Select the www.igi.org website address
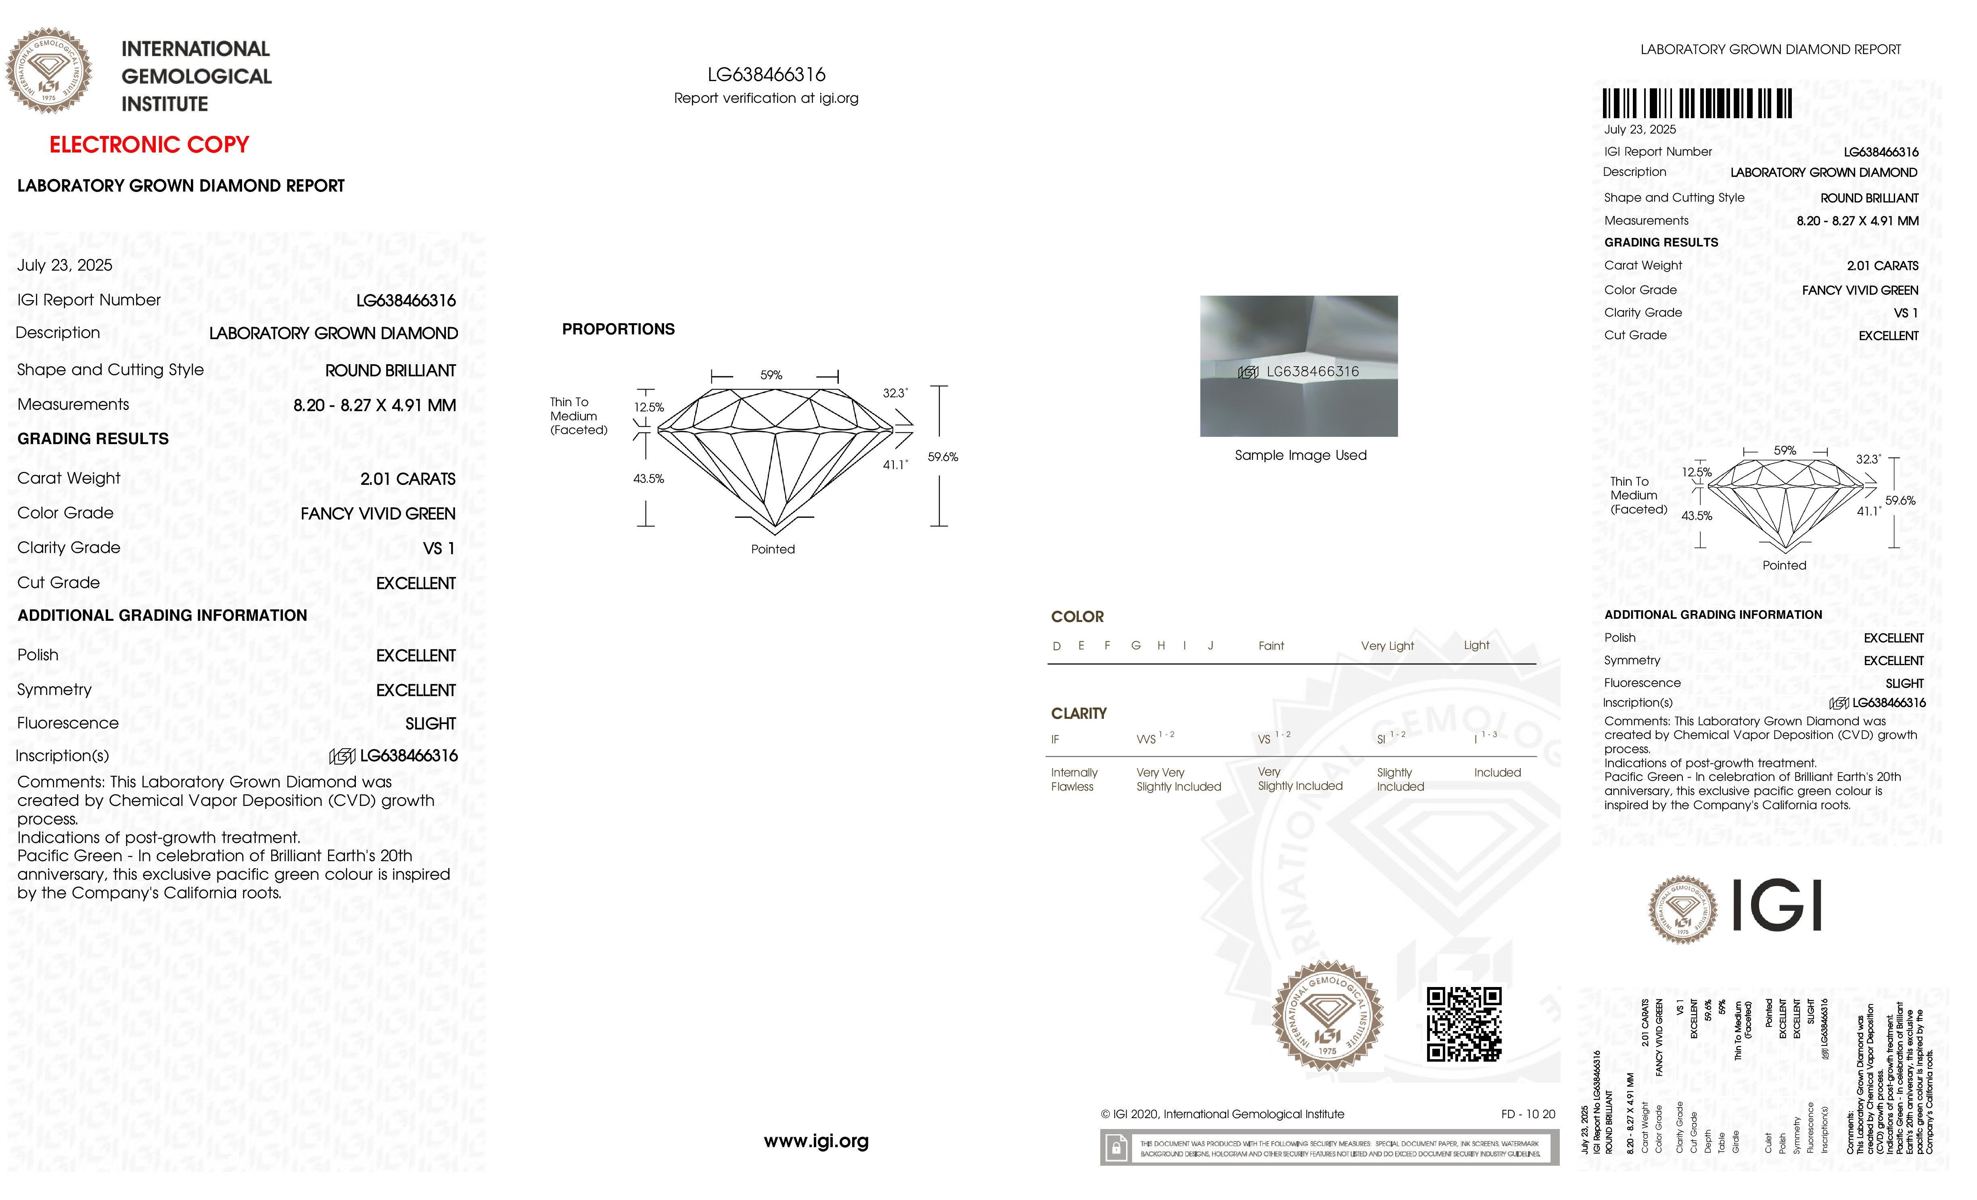pyautogui.click(x=816, y=1141)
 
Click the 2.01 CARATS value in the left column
pyautogui.click(x=408, y=479)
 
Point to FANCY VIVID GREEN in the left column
pyautogui.click(x=378, y=513)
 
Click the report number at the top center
pyautogui.click(x=766, y=75)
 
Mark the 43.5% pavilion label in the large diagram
pyautogui.click(x=648, y=479)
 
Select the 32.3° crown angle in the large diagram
pyautogui.click(x=894, y=393)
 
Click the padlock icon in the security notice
pyautogui.click(x=1115, y=1148)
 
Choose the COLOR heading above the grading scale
pyautogui.click(x=1077, y=617)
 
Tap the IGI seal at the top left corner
pyautogui.click(x=49, y=71)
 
